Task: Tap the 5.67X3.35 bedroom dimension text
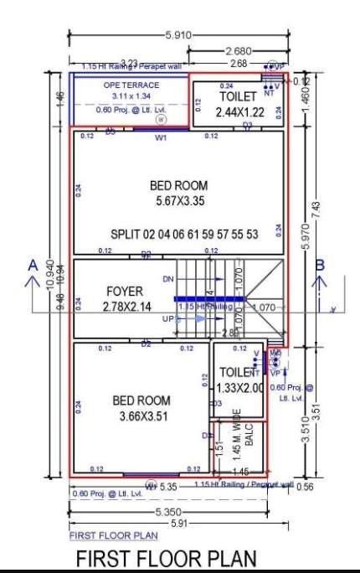click(180, 202)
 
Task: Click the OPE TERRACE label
click(131, 85)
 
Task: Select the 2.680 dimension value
click(238, 51)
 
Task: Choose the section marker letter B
click(319, 265)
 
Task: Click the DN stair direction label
click(168, 279)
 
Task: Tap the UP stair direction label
click(168, 320)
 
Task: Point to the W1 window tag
click(162, 137)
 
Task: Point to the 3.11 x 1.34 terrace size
click(131, 96)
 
